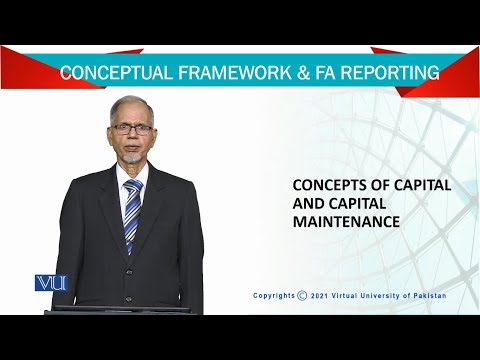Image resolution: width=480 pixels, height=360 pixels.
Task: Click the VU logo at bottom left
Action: tap(49, 283)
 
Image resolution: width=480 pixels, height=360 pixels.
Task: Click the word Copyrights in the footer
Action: tap(274, 296)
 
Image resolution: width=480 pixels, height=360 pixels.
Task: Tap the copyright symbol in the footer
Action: tap(303, 296)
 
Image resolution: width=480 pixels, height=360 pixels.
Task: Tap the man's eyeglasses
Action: tap(133, 128)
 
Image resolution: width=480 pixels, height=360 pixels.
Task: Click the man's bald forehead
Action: tap(132, 108)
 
